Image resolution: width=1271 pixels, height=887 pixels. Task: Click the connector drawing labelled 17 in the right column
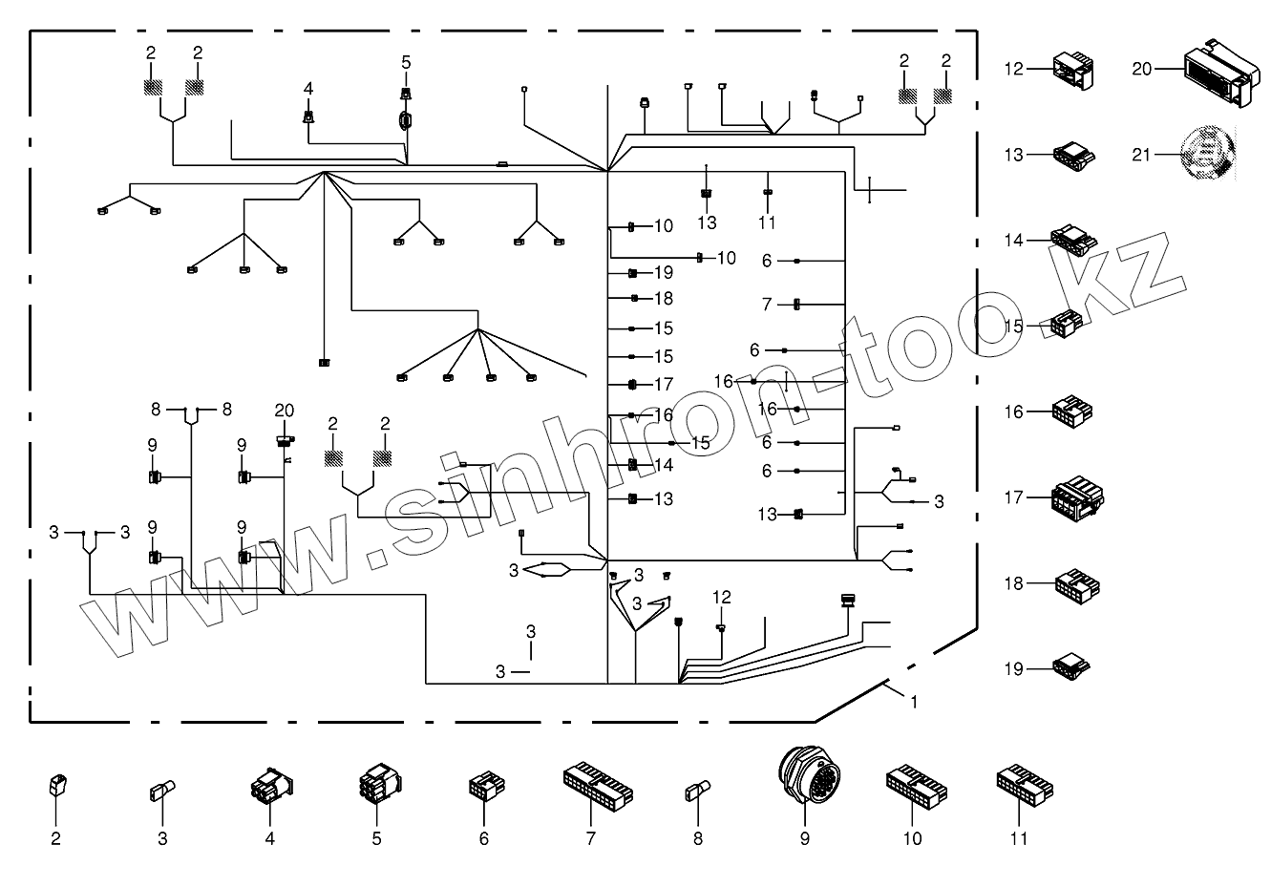[x=1077, y=497]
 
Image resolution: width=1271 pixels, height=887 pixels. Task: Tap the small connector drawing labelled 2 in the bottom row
[x=55, y=785]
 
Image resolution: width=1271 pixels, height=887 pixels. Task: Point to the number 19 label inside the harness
[x=664, y=273]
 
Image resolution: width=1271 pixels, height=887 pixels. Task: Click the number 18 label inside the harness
[x=664, y=299]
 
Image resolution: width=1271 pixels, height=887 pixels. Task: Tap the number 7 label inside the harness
[x=766, y=305]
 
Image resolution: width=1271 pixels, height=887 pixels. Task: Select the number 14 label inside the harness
[x=664, y=465]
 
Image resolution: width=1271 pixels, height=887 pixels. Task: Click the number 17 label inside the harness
[x=664, y=385]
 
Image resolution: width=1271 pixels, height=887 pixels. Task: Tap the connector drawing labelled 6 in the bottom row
[x=483, y=786]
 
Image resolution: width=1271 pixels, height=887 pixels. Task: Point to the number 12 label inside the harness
[x=721, y=597]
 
